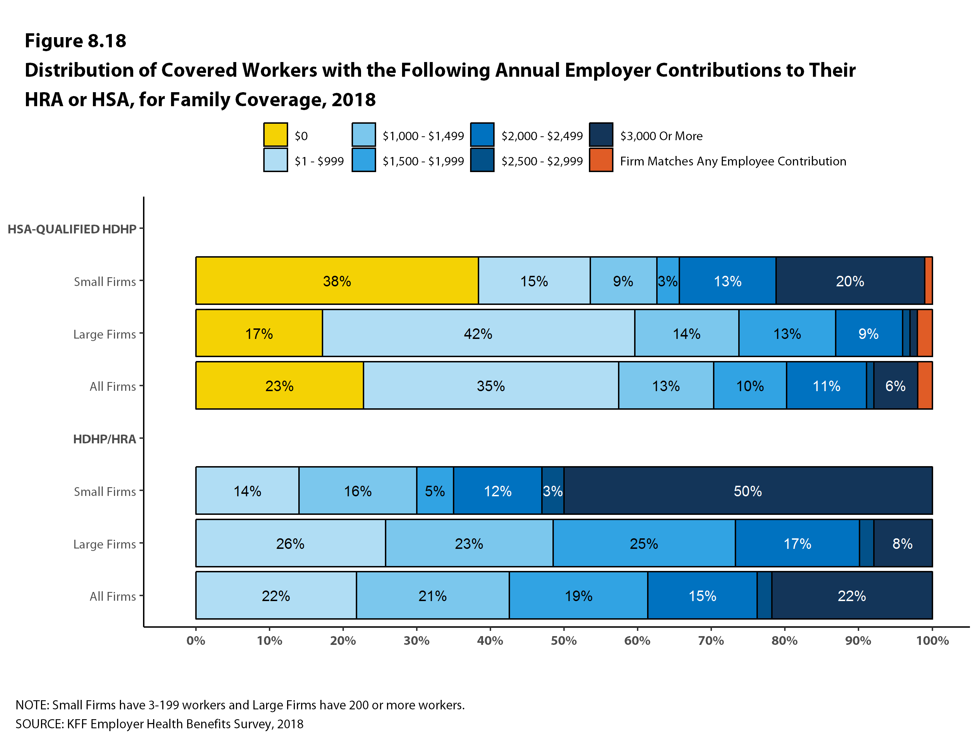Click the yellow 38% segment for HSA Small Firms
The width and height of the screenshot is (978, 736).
click(337, 281)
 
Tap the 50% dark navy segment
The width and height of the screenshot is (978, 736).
click(748, 491)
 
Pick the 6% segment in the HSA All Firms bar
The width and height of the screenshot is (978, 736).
click(895, 386)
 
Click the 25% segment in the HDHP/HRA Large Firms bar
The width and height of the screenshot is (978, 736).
click(644, 543)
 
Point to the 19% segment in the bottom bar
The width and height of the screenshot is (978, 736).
click(578, 595)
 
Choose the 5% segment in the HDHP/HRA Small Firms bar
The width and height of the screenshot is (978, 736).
click(435, 491)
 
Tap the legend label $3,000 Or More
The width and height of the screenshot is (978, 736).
click(661, 136)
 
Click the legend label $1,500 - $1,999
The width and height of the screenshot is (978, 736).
click(423, 161)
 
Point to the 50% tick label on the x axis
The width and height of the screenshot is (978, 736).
click(564, 641)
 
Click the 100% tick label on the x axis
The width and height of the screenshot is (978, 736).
click(932, 641)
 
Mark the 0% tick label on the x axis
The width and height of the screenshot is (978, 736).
click(196, 641)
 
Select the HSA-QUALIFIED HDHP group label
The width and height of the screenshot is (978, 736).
click(72, 229)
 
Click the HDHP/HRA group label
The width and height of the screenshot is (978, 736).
click(104, 439)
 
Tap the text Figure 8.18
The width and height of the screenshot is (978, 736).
click(75, 41)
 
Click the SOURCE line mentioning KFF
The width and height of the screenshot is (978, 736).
click(159, 724)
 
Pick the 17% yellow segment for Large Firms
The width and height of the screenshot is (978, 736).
click(259, 333)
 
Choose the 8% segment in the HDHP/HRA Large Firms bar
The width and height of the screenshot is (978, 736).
click(902, 543)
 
